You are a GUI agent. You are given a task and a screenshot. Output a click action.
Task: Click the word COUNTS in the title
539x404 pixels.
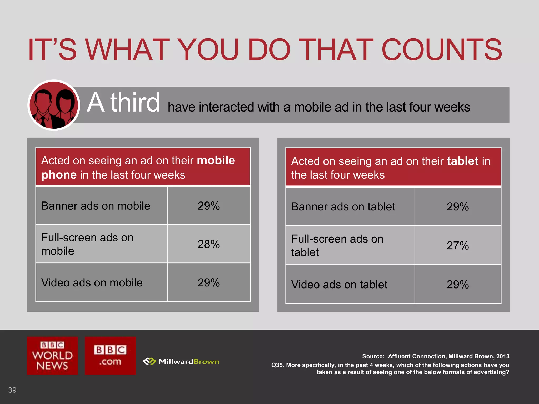441,49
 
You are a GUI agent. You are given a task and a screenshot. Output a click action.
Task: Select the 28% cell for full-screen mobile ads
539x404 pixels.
208,244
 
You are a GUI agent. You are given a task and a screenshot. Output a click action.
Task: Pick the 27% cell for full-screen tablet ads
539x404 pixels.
457,245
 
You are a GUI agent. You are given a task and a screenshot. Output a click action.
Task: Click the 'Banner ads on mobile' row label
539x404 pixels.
96,206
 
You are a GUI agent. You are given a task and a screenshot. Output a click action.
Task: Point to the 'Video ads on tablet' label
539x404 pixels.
339,284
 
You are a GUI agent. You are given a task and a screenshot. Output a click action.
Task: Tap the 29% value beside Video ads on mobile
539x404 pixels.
208,282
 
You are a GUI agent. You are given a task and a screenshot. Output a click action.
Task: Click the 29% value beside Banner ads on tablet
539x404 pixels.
457,206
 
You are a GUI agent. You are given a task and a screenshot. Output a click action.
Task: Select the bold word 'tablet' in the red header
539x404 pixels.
462,161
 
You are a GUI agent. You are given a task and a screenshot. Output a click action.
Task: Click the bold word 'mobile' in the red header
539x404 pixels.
216,160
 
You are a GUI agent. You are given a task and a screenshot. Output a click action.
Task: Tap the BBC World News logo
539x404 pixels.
52,356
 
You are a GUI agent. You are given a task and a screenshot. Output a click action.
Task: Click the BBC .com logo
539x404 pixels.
110,356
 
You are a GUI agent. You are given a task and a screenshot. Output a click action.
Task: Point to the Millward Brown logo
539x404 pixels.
181,362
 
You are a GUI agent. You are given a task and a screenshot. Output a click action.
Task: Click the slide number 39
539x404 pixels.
12,390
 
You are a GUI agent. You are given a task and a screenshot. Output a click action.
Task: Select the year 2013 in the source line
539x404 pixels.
503,356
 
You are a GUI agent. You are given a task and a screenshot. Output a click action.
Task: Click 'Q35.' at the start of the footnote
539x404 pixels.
277,365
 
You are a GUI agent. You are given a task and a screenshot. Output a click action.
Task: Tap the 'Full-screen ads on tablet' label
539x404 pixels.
337,245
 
